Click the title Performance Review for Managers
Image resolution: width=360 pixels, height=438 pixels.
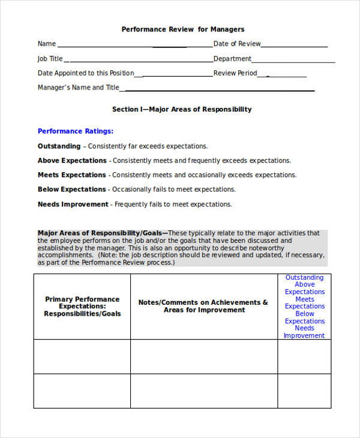tap(183, 29)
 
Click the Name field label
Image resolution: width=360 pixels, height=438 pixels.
tap(47, 44)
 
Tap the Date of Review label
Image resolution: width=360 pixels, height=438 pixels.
tap(237, 44)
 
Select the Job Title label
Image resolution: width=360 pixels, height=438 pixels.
tap(50, 59)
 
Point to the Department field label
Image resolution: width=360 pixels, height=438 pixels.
tap(232, 59)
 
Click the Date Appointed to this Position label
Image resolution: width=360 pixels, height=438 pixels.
tap(86, 73)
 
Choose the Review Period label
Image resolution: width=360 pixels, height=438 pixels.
tap(235, 73)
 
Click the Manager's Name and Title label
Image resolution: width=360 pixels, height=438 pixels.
tap(79, 88)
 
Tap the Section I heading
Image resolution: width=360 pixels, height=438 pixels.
tap(182, 109)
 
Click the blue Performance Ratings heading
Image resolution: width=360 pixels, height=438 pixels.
tap(76, 131)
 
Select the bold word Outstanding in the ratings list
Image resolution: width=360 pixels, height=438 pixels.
tap(59, 146)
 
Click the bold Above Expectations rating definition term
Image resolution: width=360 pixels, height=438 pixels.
tap(72, 161)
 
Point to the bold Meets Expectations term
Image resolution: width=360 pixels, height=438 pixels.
tap(72, 175)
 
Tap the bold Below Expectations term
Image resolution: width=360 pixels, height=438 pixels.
tap(72, 190)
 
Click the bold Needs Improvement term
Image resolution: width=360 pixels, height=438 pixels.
tap(73, 204)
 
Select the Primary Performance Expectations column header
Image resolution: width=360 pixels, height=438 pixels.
tap(82, 307)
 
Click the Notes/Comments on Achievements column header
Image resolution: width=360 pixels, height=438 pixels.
tap(203, 306)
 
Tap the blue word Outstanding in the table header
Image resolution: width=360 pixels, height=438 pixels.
tap(304, 278)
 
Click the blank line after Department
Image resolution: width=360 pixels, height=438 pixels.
tap(293, 60)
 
